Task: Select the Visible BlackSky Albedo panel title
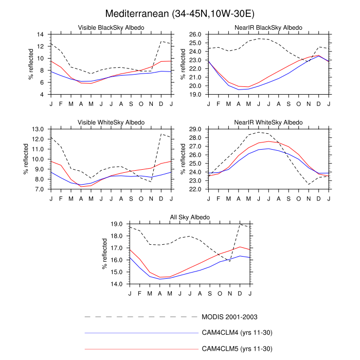point(111,27)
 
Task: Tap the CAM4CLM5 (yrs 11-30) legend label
point(237,349)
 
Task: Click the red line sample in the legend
point(141,349)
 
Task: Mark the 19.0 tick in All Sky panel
point(118,224)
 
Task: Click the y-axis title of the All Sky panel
point(104,254)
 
